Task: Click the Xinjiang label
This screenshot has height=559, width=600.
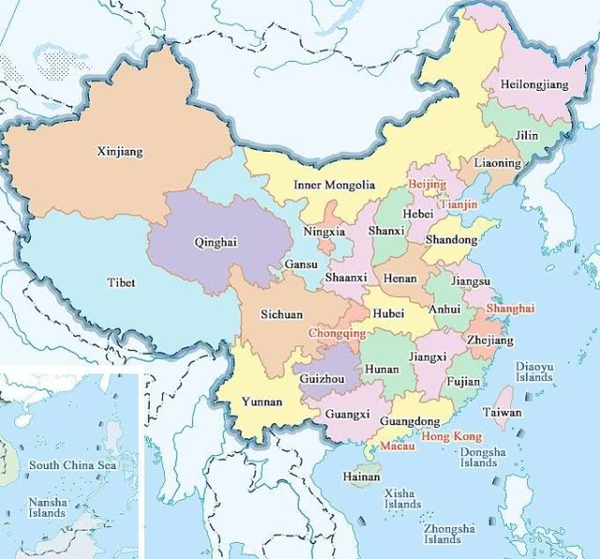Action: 121,151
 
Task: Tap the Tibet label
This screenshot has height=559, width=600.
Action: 121,282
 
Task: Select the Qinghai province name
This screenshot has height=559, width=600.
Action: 215,242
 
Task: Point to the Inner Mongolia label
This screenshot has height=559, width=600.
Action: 334,184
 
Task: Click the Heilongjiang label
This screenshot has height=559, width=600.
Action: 534,85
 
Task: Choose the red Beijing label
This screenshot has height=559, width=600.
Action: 427,184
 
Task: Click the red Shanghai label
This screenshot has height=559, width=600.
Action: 510,308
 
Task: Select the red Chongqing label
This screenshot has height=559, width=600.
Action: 338,332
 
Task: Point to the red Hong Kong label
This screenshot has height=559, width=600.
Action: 452,436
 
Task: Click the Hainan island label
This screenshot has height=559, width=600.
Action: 361,477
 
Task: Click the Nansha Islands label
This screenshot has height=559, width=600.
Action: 47,508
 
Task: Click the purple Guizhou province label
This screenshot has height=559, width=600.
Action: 322,378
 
